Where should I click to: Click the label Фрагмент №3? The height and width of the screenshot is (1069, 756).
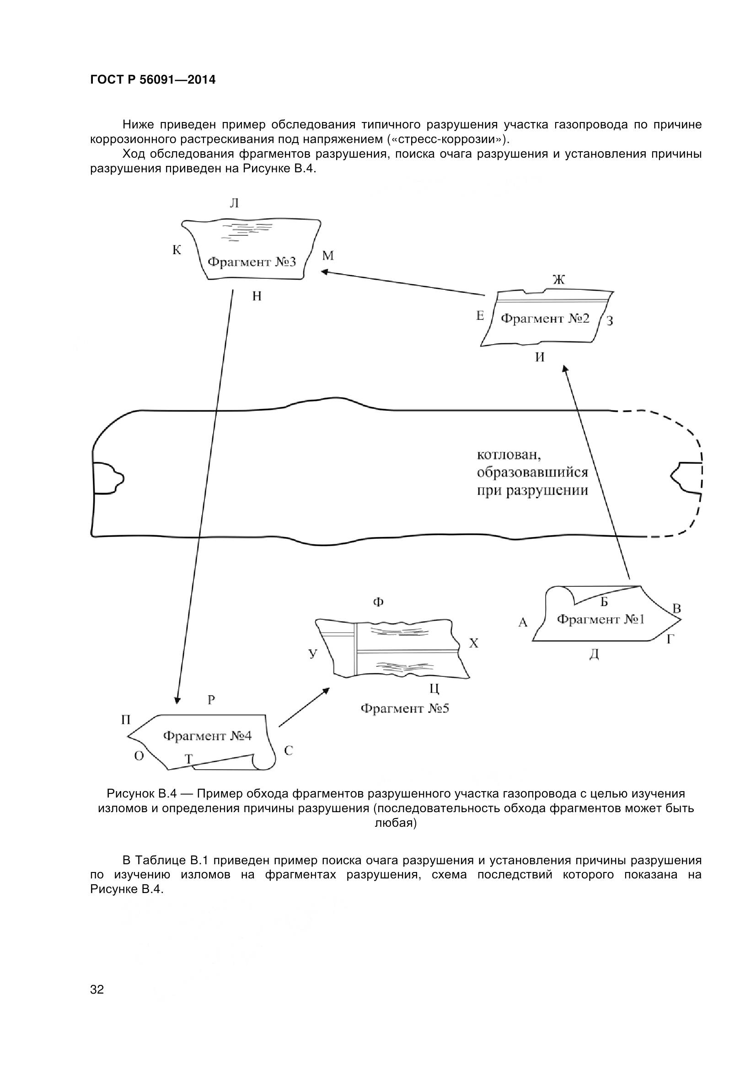(x=252, y=262)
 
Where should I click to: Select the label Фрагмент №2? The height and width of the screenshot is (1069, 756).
(x=545, y=319)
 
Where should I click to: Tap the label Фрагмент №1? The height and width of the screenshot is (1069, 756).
(x=601, y=619)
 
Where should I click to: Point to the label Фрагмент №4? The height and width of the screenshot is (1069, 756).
(x=207, y=736)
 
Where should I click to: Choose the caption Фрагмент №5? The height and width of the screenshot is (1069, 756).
(x=405, y=709)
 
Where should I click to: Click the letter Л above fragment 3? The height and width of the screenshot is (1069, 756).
(x=234, y=203)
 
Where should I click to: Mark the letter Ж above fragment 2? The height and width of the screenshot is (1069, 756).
(x=559, y=280)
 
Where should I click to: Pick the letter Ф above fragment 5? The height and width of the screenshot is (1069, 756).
(x=378, y=602)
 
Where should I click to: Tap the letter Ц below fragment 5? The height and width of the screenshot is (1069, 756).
(x=434, y=688)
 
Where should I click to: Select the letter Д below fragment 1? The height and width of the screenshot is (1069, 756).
(x=594, y=654)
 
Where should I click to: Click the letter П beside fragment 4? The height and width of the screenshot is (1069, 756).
(x=126, y=720)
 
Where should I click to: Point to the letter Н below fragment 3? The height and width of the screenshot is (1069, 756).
(x=257, y=296)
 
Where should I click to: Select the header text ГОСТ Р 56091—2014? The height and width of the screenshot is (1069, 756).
(x=153, y=80)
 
